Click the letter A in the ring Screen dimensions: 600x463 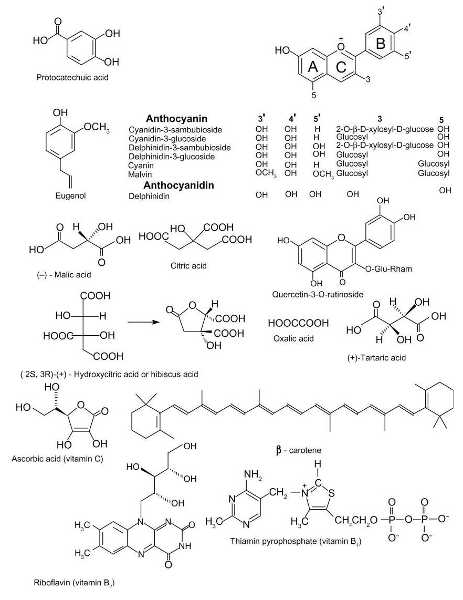point(313,67)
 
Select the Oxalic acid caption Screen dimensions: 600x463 point(294,338)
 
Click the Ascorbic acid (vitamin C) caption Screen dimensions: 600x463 point(57,458)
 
